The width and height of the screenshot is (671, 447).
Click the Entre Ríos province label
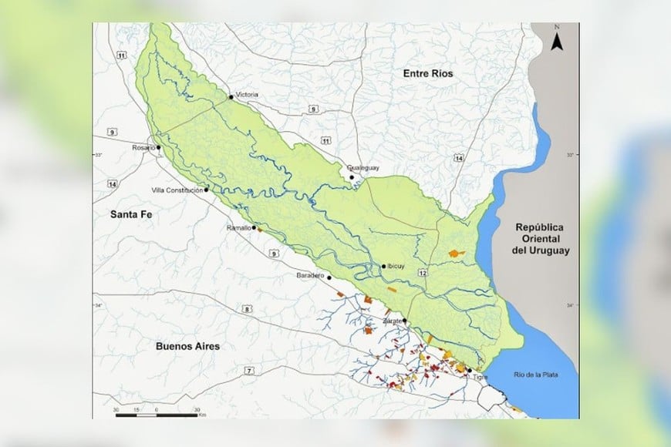[x=427, y=73]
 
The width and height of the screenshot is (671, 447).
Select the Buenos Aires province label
[x=187, y=346]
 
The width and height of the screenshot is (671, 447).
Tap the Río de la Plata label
[x=545, y=375]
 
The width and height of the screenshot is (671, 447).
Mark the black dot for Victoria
[x=231, y=97]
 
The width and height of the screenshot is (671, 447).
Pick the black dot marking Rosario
[x=159, y=147]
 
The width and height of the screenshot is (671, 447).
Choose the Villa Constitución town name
[x=177, y=190]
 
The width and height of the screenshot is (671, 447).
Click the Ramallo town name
[x=238, y=228]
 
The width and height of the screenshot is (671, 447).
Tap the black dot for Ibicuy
[x=383, y=267]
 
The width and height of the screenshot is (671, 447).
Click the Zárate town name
[x=393, y=320]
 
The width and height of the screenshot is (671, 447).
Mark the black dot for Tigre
[x=469, y=370]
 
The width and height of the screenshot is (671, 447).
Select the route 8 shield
[x=248, y=309]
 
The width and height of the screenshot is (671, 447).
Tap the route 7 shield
[x=249, y=371]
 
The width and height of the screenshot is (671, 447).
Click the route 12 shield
[x=423, y=274]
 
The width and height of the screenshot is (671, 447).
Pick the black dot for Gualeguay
[x=352, y=177]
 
